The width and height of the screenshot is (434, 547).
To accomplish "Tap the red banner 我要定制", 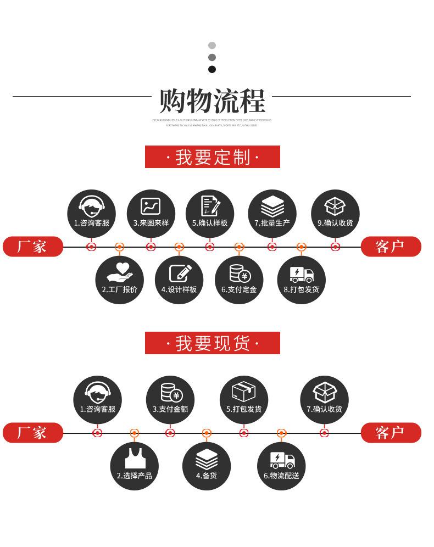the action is [x=212, y=157].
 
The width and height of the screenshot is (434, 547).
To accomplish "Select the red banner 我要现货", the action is [x=212, y=343].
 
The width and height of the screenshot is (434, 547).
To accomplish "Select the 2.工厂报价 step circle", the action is [x=119, y=280].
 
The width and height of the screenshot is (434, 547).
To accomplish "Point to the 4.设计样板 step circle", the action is [x=179, y=280].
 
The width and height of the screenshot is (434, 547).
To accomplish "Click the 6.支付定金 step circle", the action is [x=239, y=280].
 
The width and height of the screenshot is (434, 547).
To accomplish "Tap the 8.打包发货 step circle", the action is [x=301, y=280].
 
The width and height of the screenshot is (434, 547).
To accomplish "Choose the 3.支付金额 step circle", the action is [x=170, y=399].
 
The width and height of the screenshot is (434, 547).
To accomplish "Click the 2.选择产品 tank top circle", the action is [x=134, y=466].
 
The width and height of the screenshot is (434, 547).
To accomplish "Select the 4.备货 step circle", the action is [x=207, y=466].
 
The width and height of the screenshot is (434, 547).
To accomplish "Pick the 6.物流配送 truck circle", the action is [x=281, y=466].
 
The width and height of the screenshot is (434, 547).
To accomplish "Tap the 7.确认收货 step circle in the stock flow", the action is [x=324, y=399].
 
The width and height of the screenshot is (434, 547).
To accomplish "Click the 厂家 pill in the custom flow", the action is [x=32, y=247].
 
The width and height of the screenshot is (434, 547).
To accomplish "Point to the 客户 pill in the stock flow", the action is [x=391, y=433].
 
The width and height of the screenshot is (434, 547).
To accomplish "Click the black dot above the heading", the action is [x=212, y=69].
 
